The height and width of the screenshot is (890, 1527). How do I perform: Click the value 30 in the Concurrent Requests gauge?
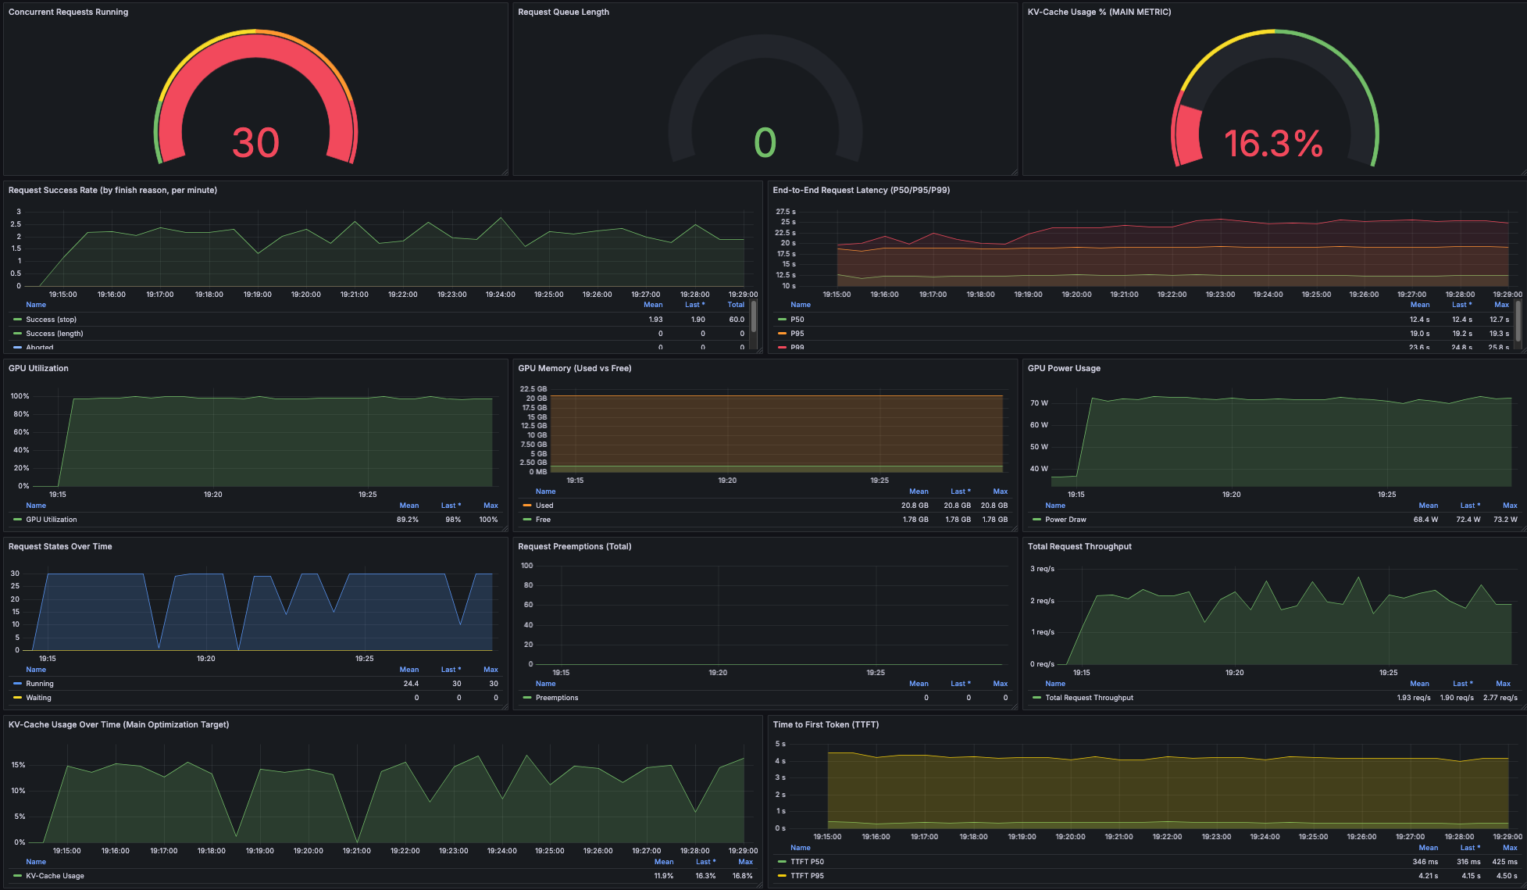tap(255, 143)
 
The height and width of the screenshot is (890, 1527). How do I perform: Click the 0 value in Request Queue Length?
tap(765, 143)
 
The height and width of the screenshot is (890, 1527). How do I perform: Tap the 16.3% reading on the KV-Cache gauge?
tap(1273, 144)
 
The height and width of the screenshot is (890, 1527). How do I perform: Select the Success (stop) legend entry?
tap(51, 320)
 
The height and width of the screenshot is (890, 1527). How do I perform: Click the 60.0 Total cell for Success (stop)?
tap(736, 320)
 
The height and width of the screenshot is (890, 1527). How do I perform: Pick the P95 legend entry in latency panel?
tap(797, 334)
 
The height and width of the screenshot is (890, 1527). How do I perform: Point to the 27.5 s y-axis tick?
tap(785, 212)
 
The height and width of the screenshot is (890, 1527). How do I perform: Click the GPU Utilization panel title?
tap(38, 368)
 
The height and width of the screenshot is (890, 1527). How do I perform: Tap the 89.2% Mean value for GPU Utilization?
tap(407, 520)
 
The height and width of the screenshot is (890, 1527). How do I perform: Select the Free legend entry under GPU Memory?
tap(543, 520)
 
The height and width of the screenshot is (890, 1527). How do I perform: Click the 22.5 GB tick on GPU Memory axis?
tap(533, 389)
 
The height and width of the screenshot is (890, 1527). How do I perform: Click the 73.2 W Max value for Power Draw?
tap(1504, 520)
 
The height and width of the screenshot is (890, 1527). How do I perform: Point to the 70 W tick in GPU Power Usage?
tap(1039, 403)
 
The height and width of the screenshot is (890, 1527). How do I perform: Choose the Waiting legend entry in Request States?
tap(38, 698)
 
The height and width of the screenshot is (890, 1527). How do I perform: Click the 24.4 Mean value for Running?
tap(410, 684)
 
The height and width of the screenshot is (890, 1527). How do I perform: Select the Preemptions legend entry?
tap(556, 698)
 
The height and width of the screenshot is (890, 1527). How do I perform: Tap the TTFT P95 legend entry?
tap(807, 876)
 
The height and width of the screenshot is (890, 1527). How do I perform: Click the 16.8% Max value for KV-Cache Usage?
tap(742, 876)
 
